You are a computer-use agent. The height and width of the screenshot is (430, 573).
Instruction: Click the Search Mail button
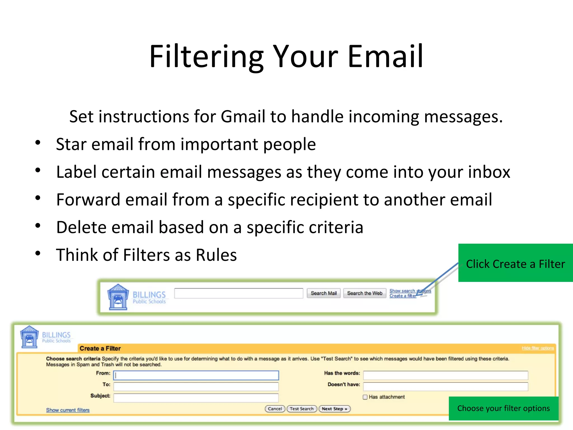pyautogui.click(x=323, y=293)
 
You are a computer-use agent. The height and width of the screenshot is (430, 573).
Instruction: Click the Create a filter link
pyautogui.click(x=402, y=296)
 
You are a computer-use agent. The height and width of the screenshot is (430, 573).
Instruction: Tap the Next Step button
pyautogui.click(x=334, y=409)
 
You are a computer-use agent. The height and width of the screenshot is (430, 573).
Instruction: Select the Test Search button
pyautogui.click(x=302, y=409)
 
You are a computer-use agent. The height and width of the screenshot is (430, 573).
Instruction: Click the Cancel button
pyautogui.click(x=275, y=409)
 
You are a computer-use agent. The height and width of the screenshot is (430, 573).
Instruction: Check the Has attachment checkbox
pyautogui.click(x=365, y=397)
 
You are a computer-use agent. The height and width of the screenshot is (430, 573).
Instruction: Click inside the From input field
pyautogui.click(x=196, y=375)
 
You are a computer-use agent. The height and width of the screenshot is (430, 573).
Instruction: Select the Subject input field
pyautogui.click(x=196, y=398)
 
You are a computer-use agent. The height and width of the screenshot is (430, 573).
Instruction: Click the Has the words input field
pyautogui.click(x=445, y=375)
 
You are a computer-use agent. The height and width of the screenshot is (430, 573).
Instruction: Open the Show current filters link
pyautogui.click(x=68, y=410)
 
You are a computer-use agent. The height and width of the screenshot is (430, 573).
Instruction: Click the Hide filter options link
pyautogui.click(x=537, y=348)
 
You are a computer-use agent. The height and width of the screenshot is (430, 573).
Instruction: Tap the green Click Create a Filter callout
pyautogui.click(x=515, y=263)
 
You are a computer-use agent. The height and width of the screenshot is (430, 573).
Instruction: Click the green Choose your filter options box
pyautogui.click(x=503, y=408)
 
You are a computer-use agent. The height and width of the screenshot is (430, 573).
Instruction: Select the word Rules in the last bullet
pyautogui.click(x=216, y=255)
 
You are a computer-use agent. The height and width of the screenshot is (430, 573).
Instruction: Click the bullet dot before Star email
pyautogui.click(x=38, y=142)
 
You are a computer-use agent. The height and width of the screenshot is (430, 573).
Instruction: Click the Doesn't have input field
pyautogui.click(x=445, y=386)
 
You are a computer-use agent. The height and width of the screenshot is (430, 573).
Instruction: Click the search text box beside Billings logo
pyautogui.click(x=238, y=293)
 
